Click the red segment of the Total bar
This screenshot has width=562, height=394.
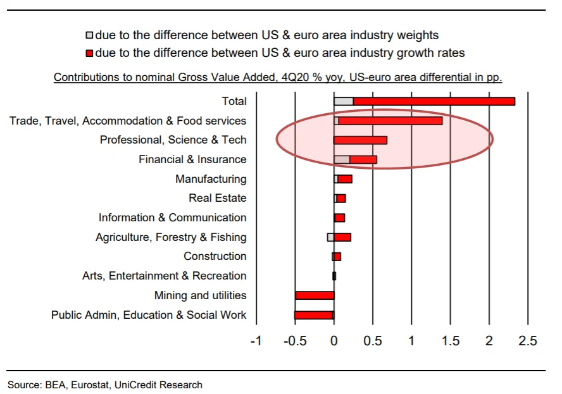pyautogui.click(x=434, y=101)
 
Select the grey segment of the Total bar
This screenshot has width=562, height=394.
pyautogui.click(x=344, y=101)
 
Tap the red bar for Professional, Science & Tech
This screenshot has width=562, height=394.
pyautogui.click(x=360, y=140)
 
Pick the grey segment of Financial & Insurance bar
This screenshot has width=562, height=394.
pyautogui.click(x=342, y=159)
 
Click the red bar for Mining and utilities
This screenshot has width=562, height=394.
pyautogui.click(x=315, y=295)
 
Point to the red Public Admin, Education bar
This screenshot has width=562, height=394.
pyautogui.click(x=314, y=315)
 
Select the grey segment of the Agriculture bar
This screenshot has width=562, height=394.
pyautogui.click(x=330, y=237)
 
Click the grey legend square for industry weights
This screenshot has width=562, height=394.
pyautogui.click(x=89, y=35)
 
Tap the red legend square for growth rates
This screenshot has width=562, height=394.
pyautogui.click(x=89, y=53)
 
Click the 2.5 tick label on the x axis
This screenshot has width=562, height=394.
pyautogui.click(x=527, y=342)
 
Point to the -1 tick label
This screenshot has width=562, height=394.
pyautogui.click(x=256, y=342)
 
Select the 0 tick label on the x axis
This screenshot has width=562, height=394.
pyautogui.click(x=334, y=342)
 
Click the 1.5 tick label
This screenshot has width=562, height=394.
pyautogui.click(x=450, y=342)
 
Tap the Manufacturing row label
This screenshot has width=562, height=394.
pyautogui.click(x=211, y=179)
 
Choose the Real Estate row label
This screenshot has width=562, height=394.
pyautogui.click(x=217, y=198)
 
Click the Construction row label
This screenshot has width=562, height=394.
pyautogui.click(x=215, y=256)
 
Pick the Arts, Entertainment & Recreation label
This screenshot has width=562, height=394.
pyautogui.click(x=164, y=276)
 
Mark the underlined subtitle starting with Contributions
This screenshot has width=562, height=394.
pyautogui.click(x=278, y=77)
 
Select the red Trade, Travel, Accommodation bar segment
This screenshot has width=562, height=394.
pyautogui.click(x=390, y=121)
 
